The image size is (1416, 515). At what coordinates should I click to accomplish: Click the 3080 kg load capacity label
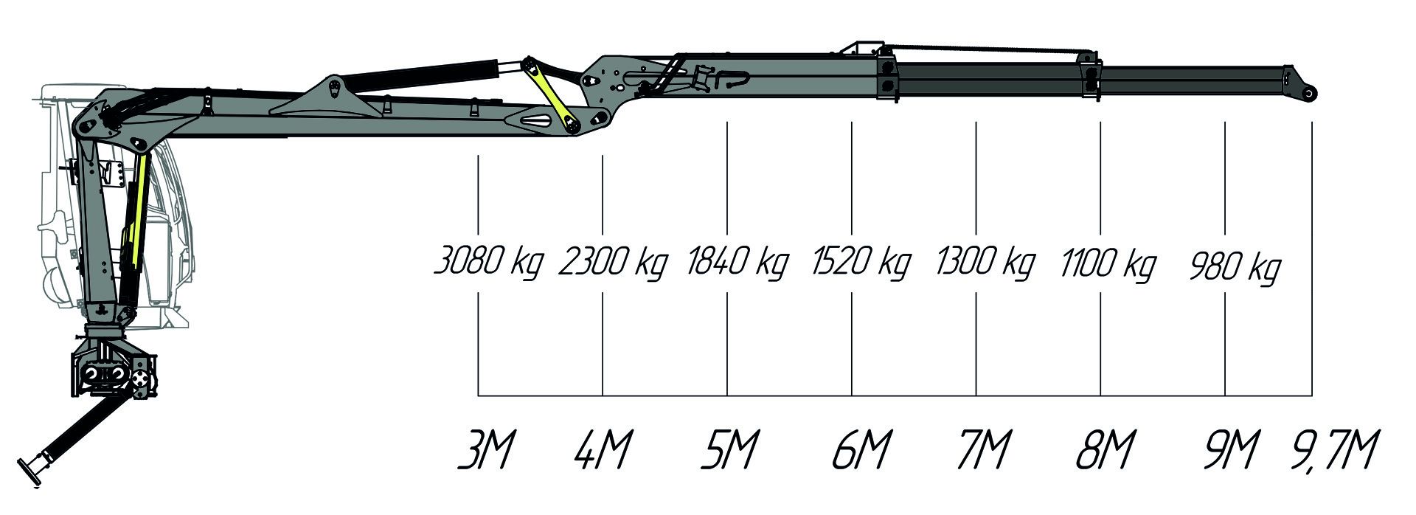click(488, 263)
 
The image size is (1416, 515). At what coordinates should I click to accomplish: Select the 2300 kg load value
click(612, 263)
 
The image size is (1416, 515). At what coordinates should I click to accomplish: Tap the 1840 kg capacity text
click(737, 263)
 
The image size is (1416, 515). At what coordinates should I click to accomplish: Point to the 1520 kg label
click(861, 263)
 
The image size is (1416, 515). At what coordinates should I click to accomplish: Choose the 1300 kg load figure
click(985, 263)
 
